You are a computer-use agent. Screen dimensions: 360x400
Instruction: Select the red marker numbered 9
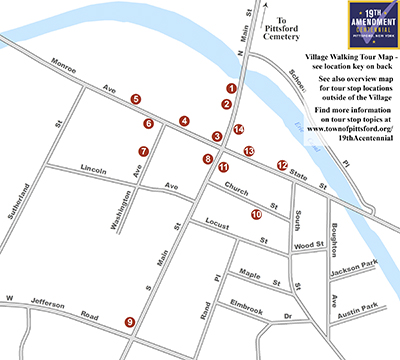129,321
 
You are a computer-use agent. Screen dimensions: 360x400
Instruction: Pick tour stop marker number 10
257,214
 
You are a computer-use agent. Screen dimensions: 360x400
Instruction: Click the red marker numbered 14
238,130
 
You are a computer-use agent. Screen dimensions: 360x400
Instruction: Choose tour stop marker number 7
144,151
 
